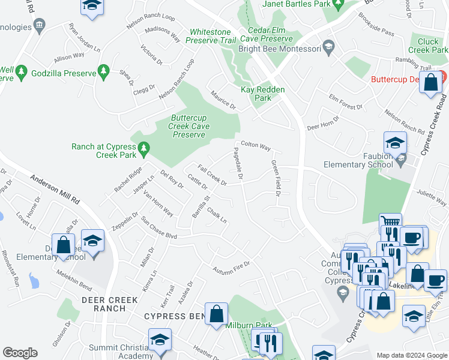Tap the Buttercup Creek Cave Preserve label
(x=189, y=127)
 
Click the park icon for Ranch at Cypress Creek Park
(x=143, y=147)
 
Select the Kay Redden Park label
(x=263, y=94)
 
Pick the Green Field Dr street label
(x=276, y=178)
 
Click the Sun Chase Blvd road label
(x=158, y=227)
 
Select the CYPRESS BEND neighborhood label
(x=173, y=316)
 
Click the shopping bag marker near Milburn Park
(x=216, y=313)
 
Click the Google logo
(x=20, y=353)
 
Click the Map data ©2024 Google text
(x=411, y=355)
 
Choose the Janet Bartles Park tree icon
(x=338, y=4)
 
